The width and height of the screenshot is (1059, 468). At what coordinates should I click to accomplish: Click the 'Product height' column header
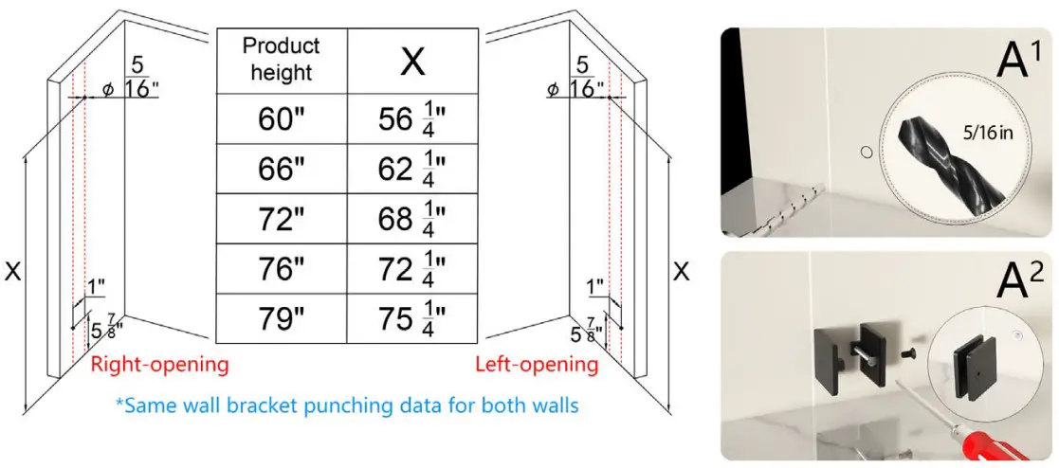(x=282, y=59)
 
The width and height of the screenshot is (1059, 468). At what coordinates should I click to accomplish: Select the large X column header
(x=412, y=61)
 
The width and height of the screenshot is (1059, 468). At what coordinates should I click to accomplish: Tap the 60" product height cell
(x=282, y=119)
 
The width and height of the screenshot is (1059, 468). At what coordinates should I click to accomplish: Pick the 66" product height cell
(x=282, y=169)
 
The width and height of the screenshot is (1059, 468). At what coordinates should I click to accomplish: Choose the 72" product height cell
(x=282, y=219)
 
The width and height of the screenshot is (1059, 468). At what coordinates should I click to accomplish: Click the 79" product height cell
(x=282, y=319)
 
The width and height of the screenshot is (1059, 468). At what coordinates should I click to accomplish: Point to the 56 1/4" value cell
(x=412, y=119)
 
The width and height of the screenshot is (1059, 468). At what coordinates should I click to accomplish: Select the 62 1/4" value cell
(x=412, y=169)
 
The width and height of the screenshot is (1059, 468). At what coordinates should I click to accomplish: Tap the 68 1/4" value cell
(x=412, y=219)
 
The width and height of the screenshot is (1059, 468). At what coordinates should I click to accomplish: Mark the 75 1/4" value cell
(x=412, y=319)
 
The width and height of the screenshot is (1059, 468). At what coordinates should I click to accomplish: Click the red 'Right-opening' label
(x=159, y=365)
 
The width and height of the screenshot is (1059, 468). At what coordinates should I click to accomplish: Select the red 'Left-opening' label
(x=537, y=365)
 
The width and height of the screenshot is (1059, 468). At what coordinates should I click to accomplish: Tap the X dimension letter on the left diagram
(x=13, y=272)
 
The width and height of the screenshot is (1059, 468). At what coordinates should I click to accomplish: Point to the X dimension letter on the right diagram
(x=681, y=272)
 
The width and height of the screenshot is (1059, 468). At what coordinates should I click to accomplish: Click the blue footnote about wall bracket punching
(x=347, y=405)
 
